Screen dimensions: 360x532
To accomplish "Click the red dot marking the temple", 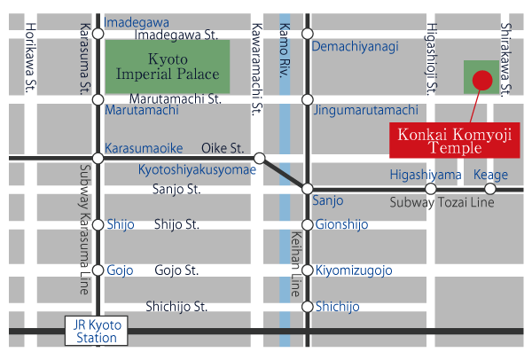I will pos(481,81).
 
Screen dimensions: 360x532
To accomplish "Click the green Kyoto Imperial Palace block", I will pos(168,67).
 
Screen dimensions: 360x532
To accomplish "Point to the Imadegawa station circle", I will pos(98,34).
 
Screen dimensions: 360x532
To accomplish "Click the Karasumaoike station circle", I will pos(98,159).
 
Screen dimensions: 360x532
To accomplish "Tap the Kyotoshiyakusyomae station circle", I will pos(259,159).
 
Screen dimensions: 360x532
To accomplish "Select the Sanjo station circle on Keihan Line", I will pos(307,189).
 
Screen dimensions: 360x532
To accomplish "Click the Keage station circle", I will pos(490,189).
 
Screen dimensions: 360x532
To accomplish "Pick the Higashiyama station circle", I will pos(431,189).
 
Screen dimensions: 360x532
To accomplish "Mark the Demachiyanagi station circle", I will pos(307,34).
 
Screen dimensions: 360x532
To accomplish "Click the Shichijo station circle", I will pos(307,307).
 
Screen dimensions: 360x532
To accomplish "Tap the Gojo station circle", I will pos(98,270).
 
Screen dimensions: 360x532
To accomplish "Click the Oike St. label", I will pos(222,148).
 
